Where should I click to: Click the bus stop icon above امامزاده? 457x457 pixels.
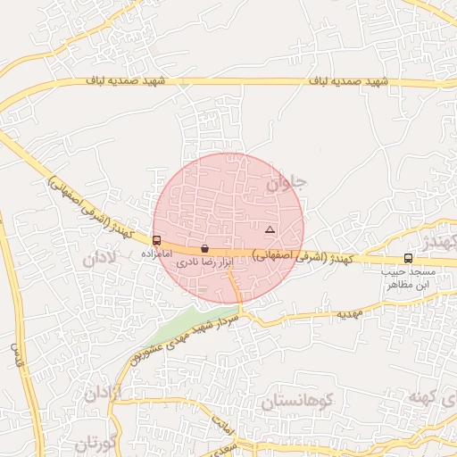pyautogui.click(x=157, y=240)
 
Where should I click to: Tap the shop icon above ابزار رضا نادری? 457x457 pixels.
pyautogui.click(x=205, y=248)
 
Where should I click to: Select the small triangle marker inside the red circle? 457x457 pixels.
pyautogui.click(x=270, y=230)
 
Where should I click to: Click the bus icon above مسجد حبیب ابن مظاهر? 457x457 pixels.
pyautogui.click(x=408, y=258)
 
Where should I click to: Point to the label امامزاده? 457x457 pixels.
pyautogui.click(x=156, y=254)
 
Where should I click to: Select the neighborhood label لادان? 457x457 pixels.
pyautogui.click(x=100, y=260)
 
